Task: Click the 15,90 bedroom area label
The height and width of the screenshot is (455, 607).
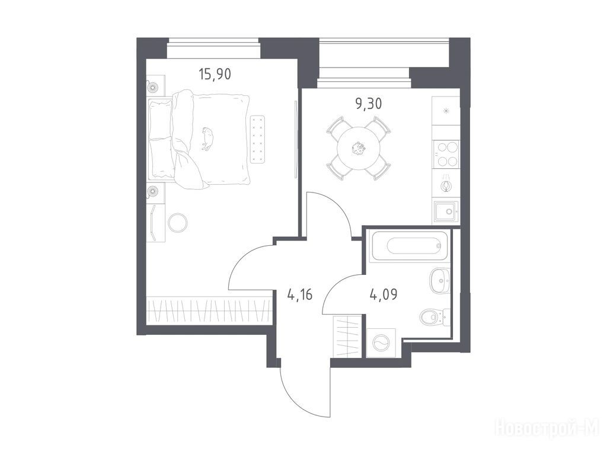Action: click(x=215, y=73)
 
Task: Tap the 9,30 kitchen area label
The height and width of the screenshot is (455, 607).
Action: click(x=369, y=104)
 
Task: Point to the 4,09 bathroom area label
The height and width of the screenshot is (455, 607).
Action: click(x=384, y=295)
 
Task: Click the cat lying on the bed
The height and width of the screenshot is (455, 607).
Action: click(x=207, y=138)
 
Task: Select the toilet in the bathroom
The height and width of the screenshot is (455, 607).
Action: click(x=435, y=318)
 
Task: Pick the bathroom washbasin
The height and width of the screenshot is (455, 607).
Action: click(x=439, y=279)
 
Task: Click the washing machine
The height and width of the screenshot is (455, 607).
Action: click(x=381, y=343)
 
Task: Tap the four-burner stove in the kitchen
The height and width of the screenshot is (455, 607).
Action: click(x=446, y=153)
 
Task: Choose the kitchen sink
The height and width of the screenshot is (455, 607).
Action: click(x=446, y=212)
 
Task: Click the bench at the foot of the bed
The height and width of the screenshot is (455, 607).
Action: click(x=258, y=139)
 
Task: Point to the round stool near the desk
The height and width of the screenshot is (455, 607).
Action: click(x=178, y=223)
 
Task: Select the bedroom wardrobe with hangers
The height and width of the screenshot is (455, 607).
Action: click(x=209, y=310)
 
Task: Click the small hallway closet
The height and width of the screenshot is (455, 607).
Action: click(x=347, y=337)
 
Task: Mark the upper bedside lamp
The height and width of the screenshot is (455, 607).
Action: click(x=152, y=86)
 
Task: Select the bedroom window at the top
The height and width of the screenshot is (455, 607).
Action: click(x=213, y=48)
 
